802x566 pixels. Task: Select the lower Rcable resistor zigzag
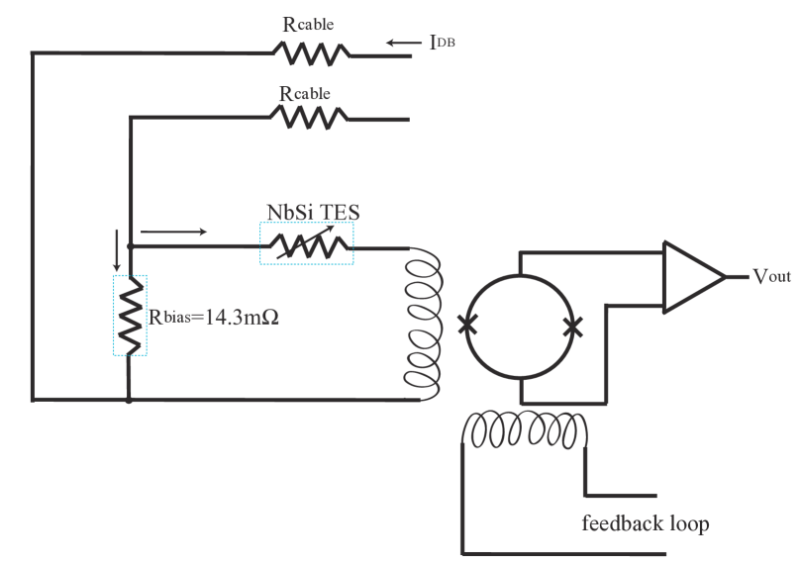tap(309, 119)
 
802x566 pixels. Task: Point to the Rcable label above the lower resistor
tap(305, 94)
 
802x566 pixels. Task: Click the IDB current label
tap(442, 44)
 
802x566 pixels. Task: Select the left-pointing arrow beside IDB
tap(403, 43)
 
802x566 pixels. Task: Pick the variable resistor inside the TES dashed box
tap(307, 243)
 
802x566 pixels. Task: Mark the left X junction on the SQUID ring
tap(463, 324)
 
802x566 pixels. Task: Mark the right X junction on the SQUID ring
tap(570, 327)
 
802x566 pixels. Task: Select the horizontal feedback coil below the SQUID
tap(527, 429)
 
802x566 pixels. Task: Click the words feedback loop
tap(646, 522)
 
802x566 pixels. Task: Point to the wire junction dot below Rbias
tap(130, 400)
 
